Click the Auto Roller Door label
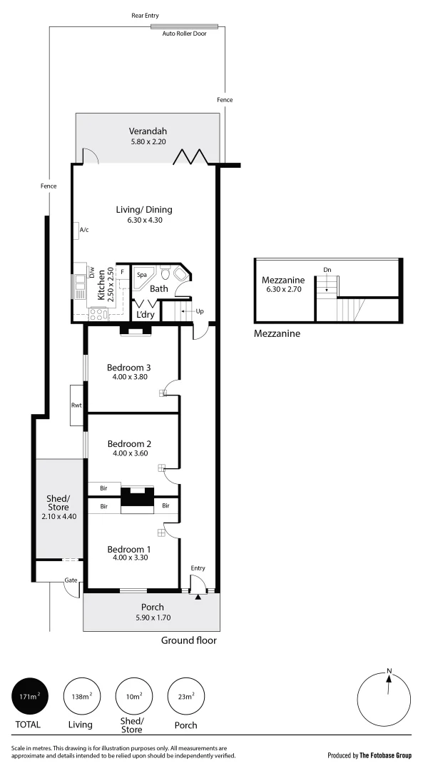[x=184, y=34]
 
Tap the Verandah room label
[x=148, y=131]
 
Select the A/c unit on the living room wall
[x=76, y=230]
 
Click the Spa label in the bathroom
[x=141, y=274]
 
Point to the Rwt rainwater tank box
[x=77, y=405]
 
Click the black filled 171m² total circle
[x=29, y=697]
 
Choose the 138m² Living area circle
[x=81, y=697]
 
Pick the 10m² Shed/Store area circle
[x=133, y=697]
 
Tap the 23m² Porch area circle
[x=185, y=697]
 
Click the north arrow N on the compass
[x=389, y=671]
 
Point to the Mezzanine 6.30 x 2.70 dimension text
[x=283, y=289]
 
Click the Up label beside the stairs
[x=199, y=311]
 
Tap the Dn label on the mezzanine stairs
[x=327, y=269]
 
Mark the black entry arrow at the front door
[x=198, y=595]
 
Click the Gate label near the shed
[x=71, y=580]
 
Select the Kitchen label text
[x=102, y=285]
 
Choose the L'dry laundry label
[x=146, y=315]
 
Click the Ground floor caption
[x=188, y=640]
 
